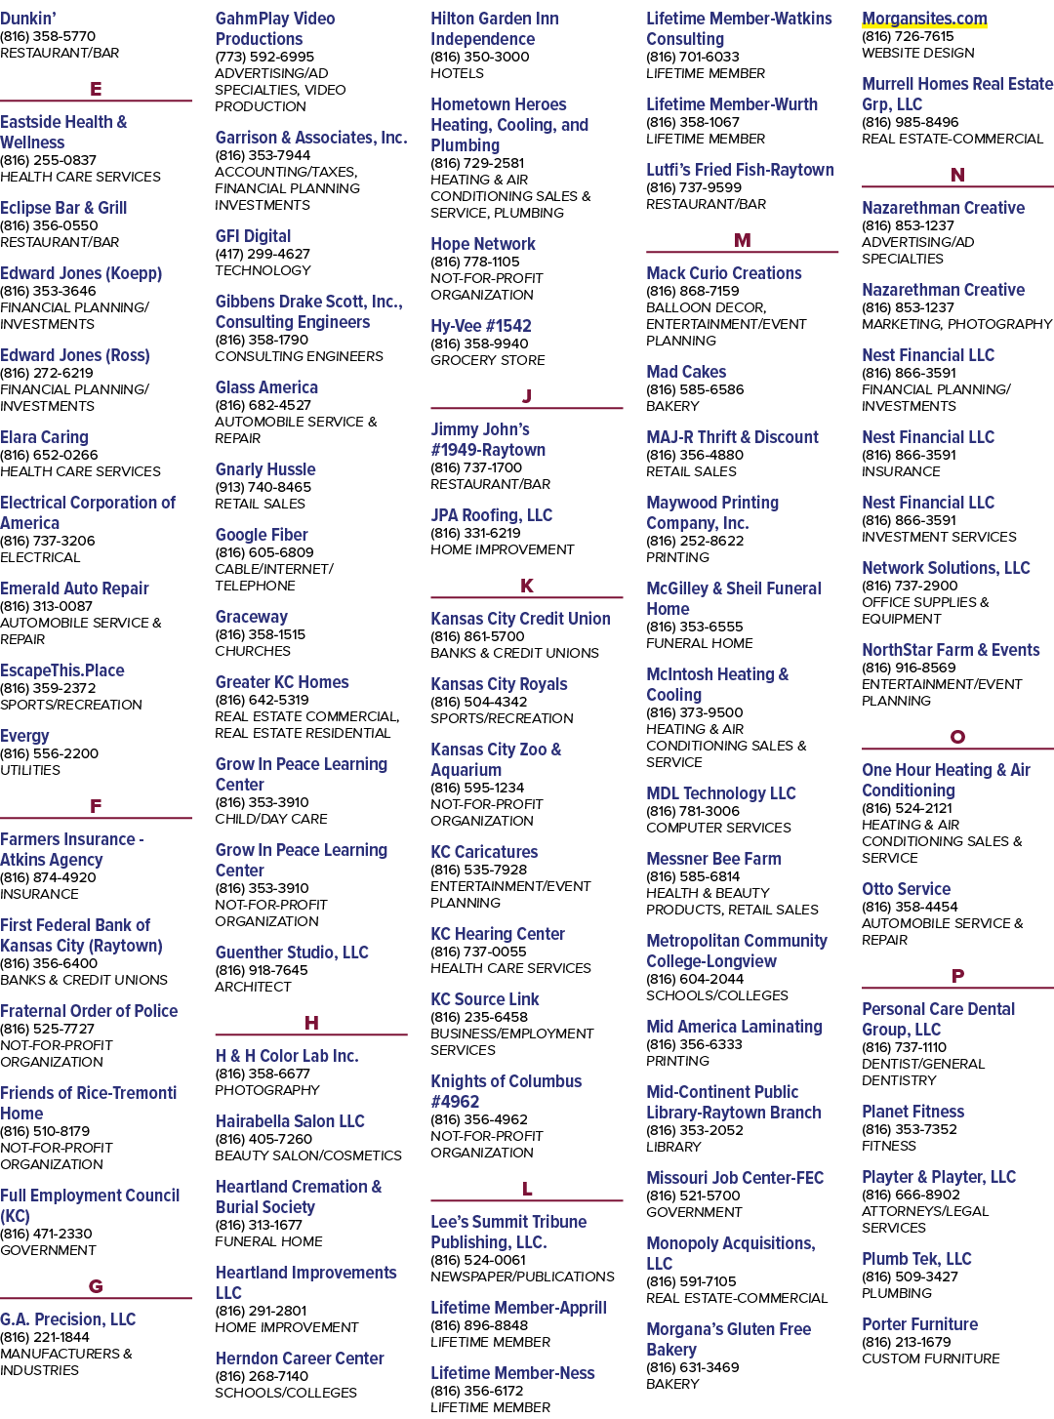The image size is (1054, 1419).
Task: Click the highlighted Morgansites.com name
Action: [924, 19]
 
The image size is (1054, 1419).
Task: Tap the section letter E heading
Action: [96, 88]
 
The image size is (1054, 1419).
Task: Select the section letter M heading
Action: [742, 240]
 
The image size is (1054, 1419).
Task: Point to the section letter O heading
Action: [957, 737]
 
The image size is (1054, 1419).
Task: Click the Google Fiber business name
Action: [262, 534]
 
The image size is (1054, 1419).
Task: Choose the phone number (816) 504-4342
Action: [478, 702]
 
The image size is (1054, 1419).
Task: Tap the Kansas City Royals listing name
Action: [499, 684]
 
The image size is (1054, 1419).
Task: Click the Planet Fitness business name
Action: [912, 1112]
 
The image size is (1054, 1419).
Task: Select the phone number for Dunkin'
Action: [48, 36]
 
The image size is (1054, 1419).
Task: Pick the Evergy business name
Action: [24, 736]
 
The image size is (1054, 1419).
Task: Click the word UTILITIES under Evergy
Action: [30, 770]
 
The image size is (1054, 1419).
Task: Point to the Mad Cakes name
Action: [686, 372]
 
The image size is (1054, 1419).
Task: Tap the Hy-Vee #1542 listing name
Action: [480, 326]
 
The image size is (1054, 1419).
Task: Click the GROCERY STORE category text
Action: [488, 360]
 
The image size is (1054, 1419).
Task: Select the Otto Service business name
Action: [906, 889]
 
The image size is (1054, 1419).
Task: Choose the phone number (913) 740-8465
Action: [263, 487]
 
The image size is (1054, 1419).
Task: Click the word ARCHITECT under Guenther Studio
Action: [253, 987]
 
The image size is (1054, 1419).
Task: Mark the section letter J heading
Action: [527, 395]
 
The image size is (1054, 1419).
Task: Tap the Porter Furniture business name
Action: [919, 1323]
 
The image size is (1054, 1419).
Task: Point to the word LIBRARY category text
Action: [673, 1147]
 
